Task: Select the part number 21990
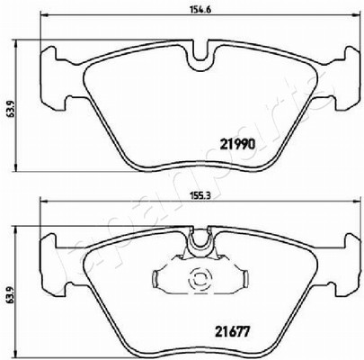[x=237, y=145]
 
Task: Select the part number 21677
[x=233, y=332]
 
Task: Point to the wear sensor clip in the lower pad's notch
[x=200, y=240]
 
